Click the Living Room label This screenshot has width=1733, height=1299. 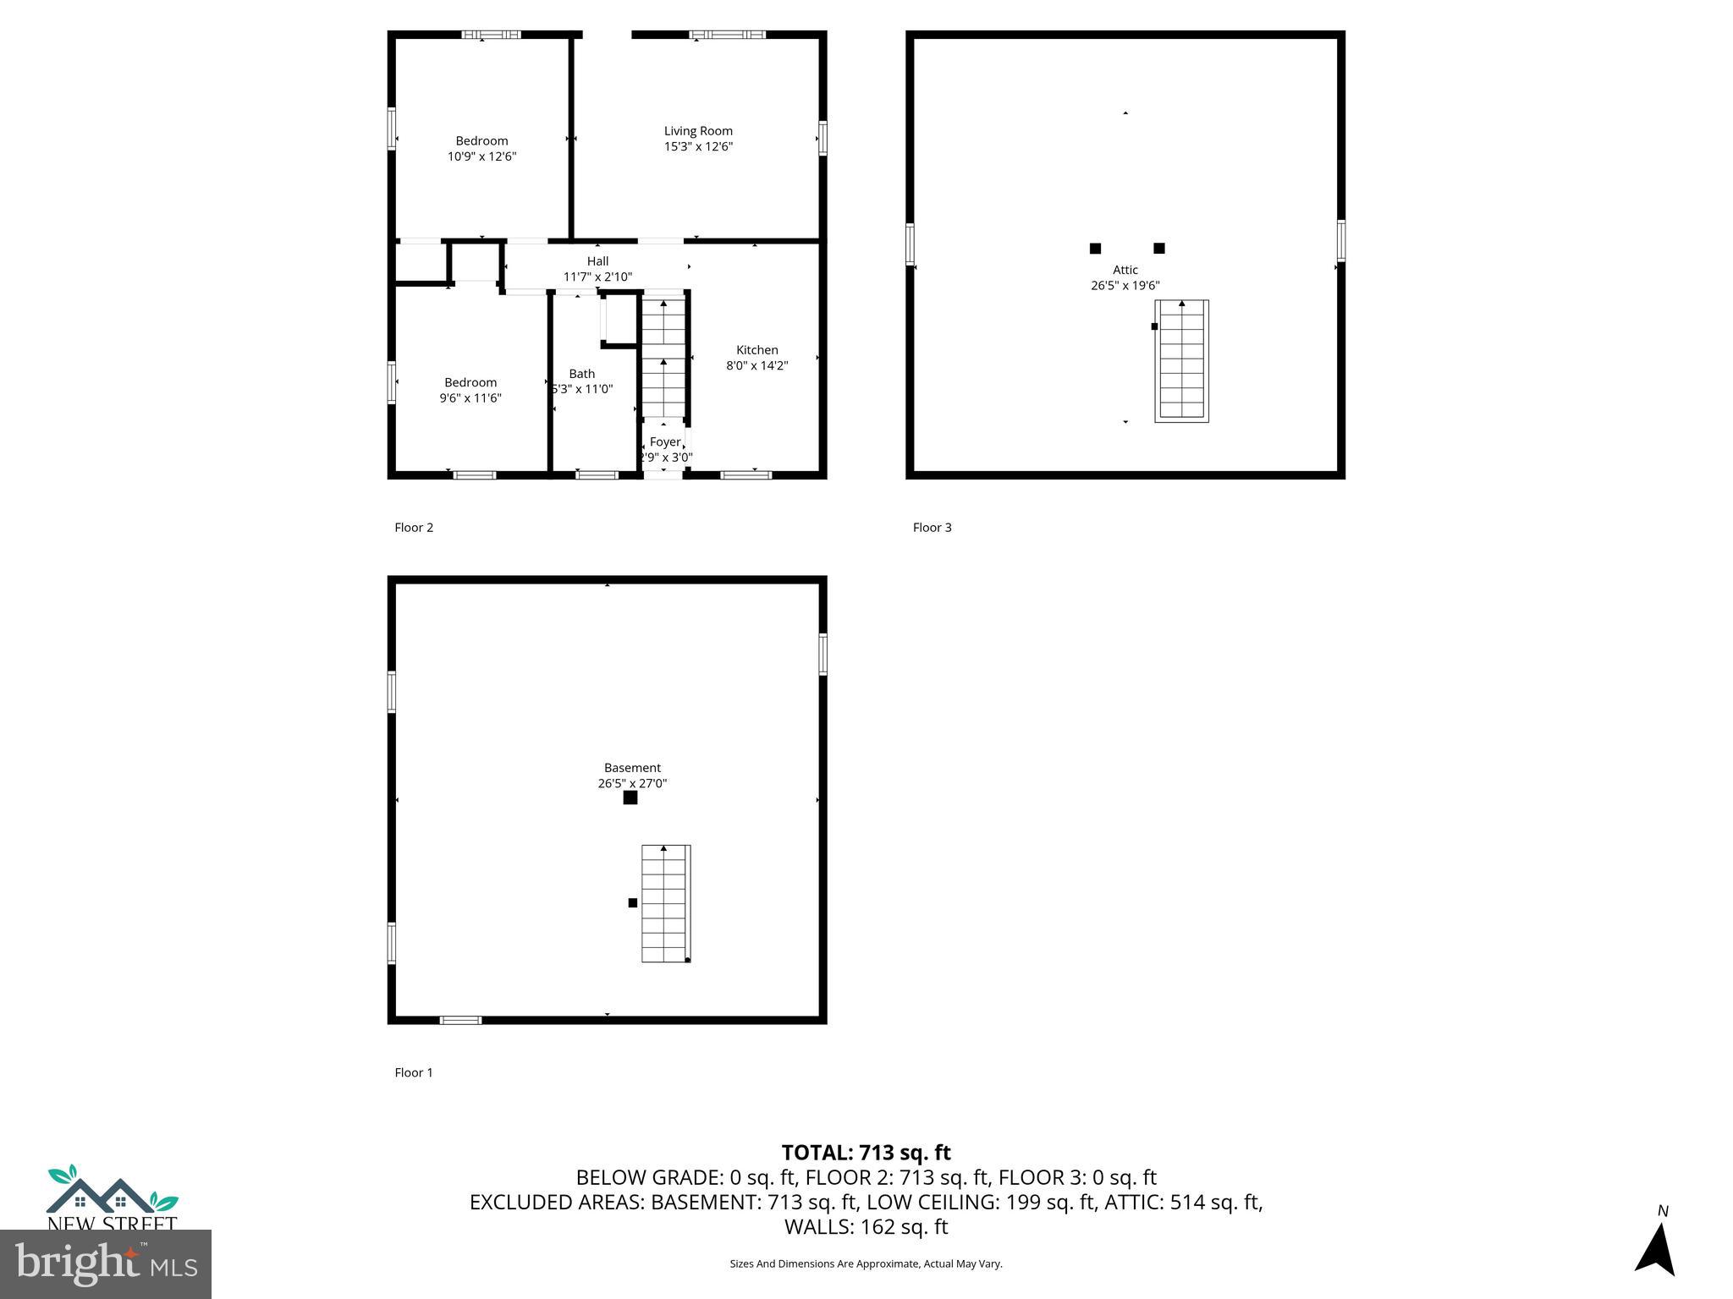click(698, 131)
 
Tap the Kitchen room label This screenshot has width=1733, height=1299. click(756, 350)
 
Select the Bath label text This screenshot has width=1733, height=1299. click(582, 374)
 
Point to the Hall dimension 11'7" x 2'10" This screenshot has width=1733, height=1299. click(597, 277)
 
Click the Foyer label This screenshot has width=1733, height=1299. click(664, 442)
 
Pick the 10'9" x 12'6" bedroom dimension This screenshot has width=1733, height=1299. click(481, 156)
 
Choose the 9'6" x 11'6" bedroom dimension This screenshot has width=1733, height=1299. click(470, 398)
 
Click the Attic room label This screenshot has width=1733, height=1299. click(1125, 271)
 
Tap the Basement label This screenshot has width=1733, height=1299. click(632, 768)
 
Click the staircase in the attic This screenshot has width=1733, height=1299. click(1181, 361)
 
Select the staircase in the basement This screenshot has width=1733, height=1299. click(665, 903)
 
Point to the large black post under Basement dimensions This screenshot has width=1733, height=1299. click(630, 797)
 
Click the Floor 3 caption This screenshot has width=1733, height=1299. click(932, 528)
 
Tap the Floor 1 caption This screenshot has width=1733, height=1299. click(414, 1072)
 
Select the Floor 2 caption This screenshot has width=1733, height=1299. click(414, 528)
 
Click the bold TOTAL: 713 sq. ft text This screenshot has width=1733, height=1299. click(866, 1153)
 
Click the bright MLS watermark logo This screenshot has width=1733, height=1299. click(106, 1263)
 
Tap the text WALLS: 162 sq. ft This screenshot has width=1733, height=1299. click(866, 1226)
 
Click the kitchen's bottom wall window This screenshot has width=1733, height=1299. click(745, 475)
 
